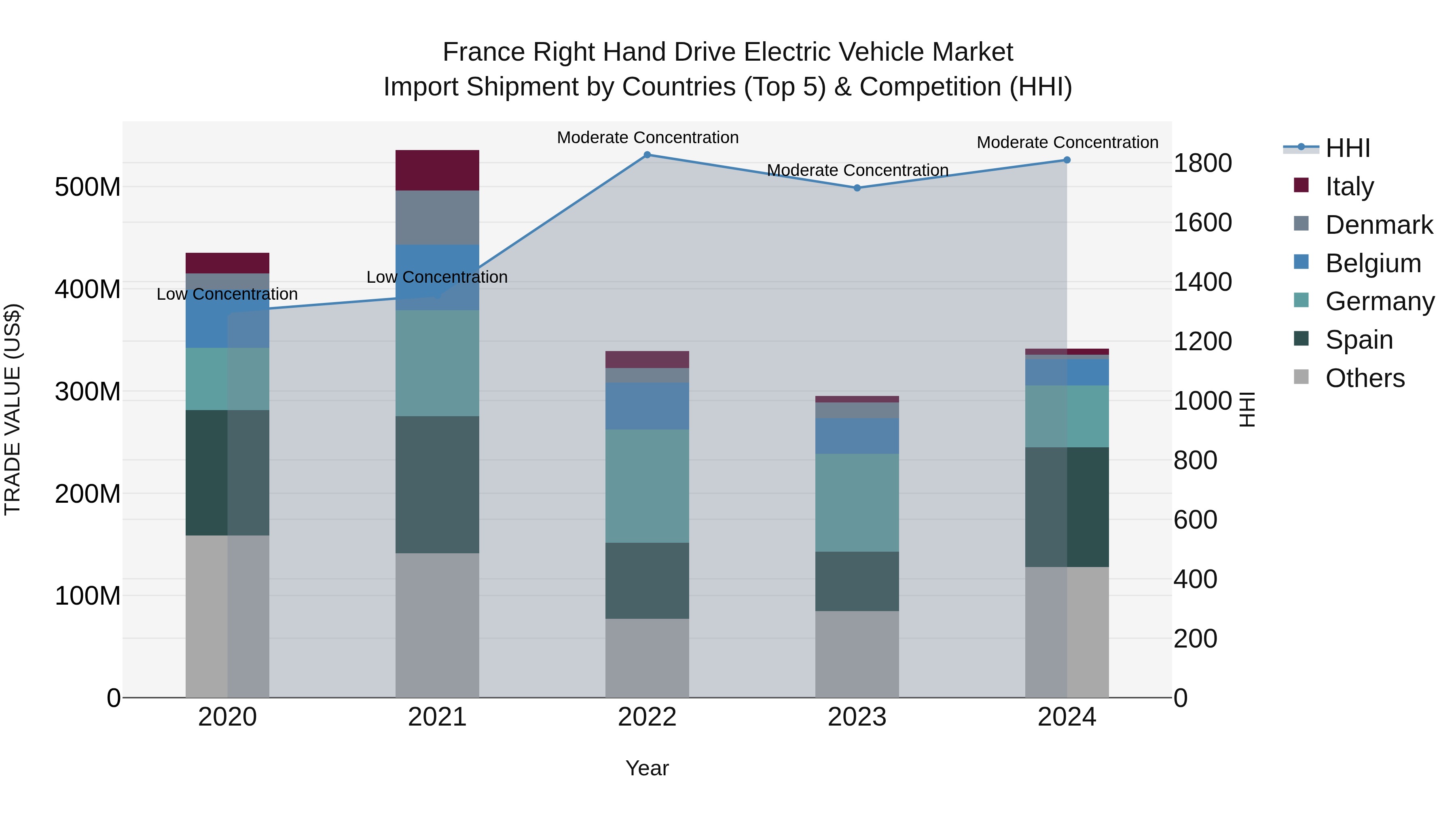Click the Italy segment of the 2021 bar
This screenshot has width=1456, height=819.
(437, 170)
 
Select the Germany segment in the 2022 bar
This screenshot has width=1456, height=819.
(647, 486)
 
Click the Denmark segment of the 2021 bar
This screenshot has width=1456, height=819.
(437, 218)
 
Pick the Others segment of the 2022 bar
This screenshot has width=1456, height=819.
(647, 658)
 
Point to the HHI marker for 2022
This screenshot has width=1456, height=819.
(647, 155)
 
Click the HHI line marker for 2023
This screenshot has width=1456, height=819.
(857, 188)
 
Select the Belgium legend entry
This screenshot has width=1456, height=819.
(1372, 263)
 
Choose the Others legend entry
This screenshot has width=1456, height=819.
(1365, 378)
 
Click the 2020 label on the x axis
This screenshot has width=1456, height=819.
(227, 717)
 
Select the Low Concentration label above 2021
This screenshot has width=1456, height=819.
(437, 277)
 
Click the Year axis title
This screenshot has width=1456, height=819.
(647, 768)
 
